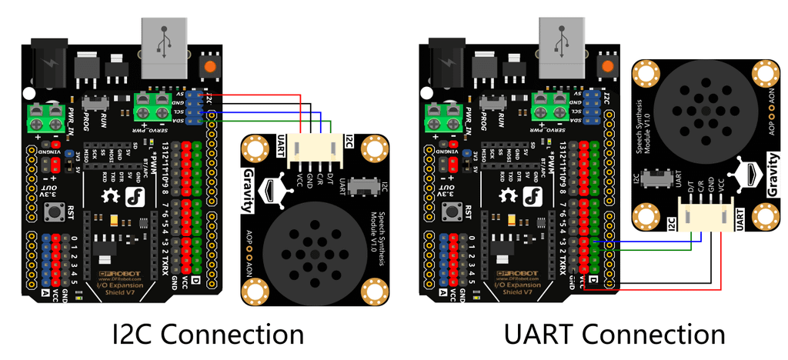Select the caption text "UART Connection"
click(614, 335)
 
